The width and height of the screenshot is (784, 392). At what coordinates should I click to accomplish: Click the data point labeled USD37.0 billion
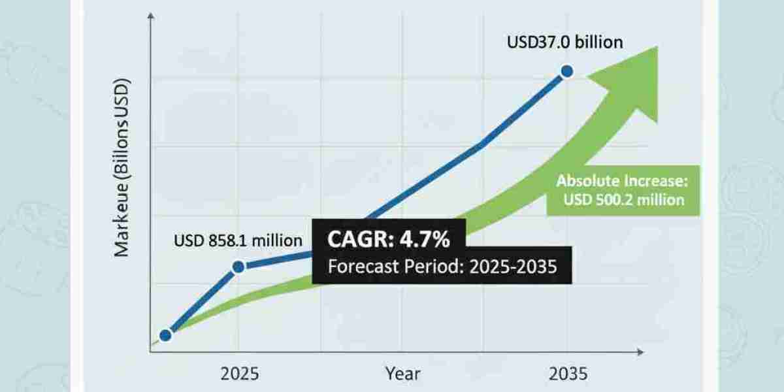click(x=566, y=71)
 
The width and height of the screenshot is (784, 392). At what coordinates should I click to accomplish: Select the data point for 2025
click(x=238, y=266)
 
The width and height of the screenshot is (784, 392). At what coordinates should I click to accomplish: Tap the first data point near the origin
click(x=165, y=335)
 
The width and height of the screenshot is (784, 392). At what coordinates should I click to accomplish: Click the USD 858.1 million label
click(x=238, y=241)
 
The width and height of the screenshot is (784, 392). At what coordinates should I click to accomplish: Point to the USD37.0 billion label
click(x=565, y=42)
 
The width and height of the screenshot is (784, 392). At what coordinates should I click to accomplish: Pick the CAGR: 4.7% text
click(x=389, y=240)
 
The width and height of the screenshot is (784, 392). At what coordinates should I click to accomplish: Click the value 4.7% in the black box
click(x=426, y=240)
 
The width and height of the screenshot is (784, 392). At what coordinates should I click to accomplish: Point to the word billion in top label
click(x=597, y=42)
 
